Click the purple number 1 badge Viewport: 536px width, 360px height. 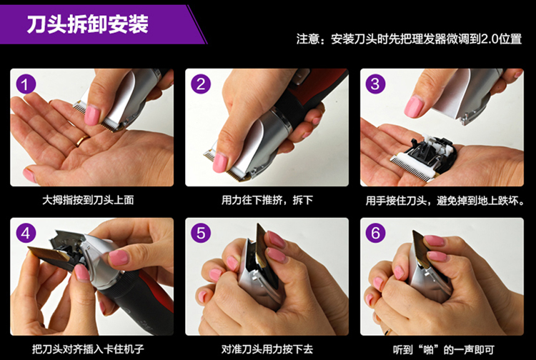[x=26, y=84]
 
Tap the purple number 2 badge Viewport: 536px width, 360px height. [x=201, y=84]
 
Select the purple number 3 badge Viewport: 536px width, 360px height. [x=376, y=84]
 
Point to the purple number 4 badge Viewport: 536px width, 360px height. [x=26, y=234]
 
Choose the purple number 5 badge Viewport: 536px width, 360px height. [x=201, y=234]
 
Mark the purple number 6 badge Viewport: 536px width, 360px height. [x=376, y=234]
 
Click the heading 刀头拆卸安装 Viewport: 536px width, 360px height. [x=88, y=24]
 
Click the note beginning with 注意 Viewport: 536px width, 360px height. [x=409, y=39]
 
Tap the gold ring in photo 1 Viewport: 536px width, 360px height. [x=82, y=141]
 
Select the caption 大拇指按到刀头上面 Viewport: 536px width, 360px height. [x=88, y=200]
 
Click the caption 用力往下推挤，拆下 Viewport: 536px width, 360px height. [x=267, y=200]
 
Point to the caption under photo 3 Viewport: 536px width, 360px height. [x=445, y=201]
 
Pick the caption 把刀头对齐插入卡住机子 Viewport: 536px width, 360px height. [x=88, y=349]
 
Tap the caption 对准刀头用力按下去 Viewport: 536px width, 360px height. [x=267, y=349]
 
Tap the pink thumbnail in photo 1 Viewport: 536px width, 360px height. [x=92, y=115]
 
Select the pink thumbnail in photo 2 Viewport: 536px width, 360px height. [x=220, y=163]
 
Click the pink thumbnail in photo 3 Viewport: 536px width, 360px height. [x=414, y=106]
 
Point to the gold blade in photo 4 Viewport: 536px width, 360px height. [x=49, y=254]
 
